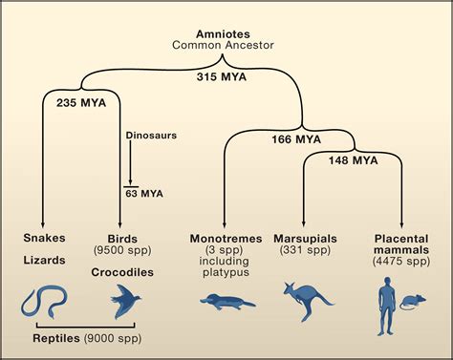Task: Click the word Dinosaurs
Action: (151, 136)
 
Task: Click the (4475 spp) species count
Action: (401, 261)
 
